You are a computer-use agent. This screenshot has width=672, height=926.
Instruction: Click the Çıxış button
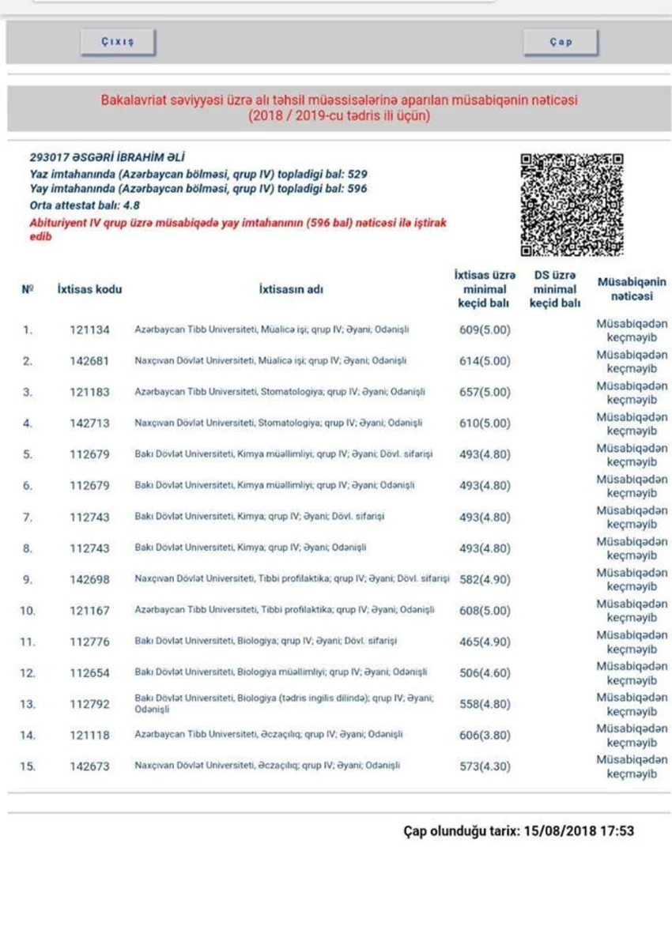coord(118,43)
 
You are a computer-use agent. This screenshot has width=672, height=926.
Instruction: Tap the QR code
coord(572,205)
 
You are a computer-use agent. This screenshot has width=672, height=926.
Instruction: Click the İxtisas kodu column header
coord(89,289)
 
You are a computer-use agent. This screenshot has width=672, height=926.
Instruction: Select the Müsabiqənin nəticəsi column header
coord(631,289)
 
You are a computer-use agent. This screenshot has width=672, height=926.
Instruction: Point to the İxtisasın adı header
coord(291,289)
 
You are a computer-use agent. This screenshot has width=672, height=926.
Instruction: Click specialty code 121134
coord(89,329)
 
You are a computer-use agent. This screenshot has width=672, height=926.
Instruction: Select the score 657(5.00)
coord(485,392)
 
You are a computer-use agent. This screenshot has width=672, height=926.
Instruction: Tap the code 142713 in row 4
coord(89,423)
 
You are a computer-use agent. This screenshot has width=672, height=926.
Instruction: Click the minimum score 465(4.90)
coord(485,642)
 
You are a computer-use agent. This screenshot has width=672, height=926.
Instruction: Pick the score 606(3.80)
coord(485,735)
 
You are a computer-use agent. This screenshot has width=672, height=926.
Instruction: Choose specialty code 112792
coord(89,704)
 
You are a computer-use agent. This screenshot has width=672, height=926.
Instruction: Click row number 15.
coord(28,766)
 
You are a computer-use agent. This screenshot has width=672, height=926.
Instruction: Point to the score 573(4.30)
coord(485,766)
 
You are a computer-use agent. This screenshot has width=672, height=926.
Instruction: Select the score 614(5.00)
coord(485,361)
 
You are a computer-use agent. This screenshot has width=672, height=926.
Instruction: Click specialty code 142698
coord(89,579)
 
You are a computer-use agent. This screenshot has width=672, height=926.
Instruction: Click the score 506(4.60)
coord(485,673)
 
